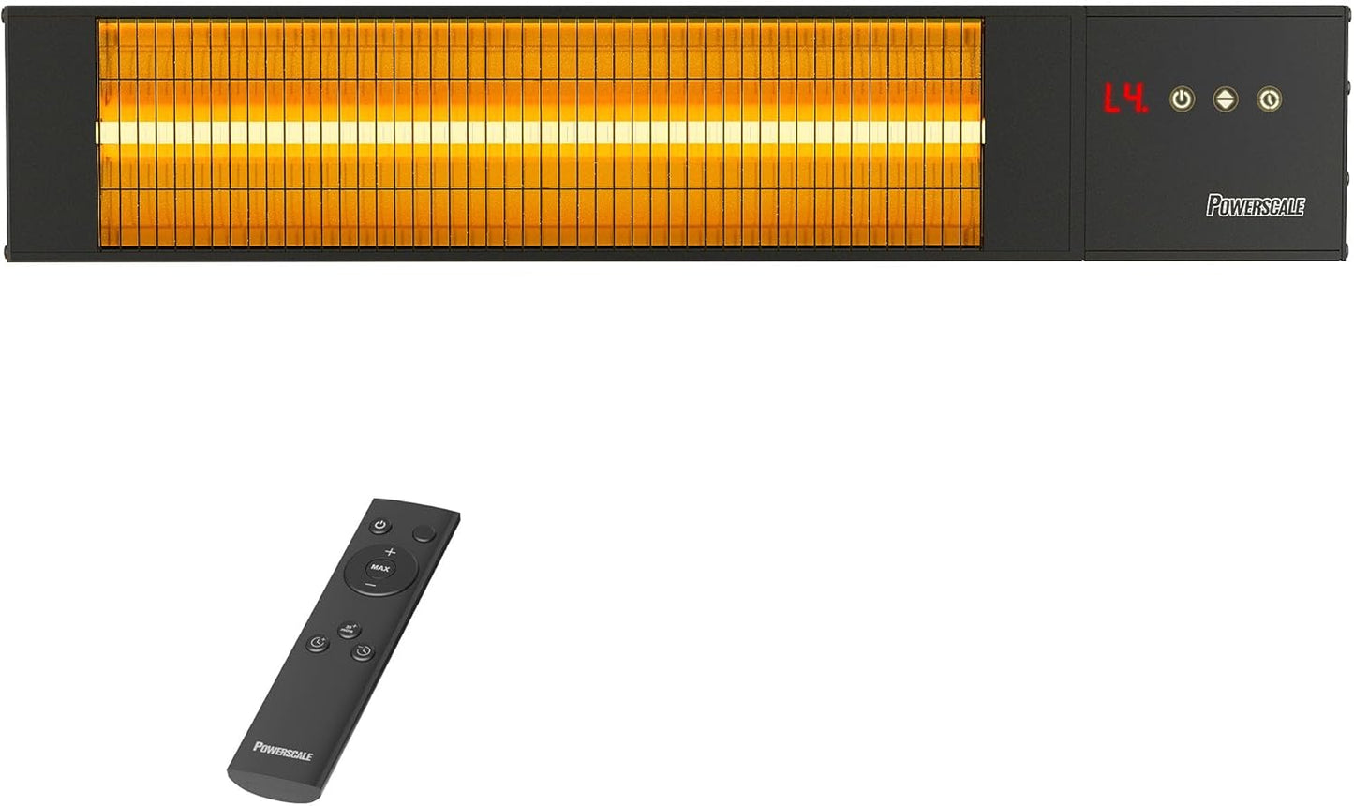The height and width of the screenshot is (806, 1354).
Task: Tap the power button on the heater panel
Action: (1183, 99)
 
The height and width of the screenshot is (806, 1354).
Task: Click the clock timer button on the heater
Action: (1269, 99)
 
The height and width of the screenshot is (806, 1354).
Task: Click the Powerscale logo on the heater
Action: (1255, 206)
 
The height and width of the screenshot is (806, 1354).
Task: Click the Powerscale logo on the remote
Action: (282, 749)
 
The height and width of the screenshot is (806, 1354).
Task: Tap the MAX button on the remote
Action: (379, 568)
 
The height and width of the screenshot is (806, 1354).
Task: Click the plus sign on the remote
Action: (390, 551)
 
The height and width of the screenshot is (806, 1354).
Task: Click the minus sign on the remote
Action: (370, 585)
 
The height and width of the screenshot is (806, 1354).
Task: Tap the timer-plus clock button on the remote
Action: (319, 643)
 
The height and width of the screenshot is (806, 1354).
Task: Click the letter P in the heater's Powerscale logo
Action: (1213, 205)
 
